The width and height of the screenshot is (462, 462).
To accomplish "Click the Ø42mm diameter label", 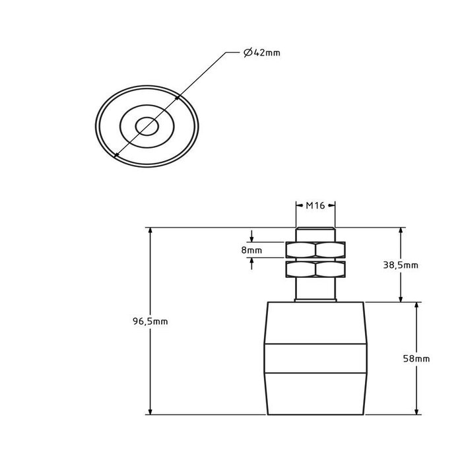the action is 262,53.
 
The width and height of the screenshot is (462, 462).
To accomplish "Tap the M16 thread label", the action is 315,205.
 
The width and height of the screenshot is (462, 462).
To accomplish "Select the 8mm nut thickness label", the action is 251,250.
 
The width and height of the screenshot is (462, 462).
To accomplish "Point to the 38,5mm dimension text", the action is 401,265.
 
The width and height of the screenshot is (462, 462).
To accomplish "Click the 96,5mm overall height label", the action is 150,321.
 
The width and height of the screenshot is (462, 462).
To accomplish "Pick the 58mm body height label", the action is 416,358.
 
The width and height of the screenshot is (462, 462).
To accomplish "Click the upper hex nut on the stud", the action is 315,250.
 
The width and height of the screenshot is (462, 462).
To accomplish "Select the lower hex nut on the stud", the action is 315,269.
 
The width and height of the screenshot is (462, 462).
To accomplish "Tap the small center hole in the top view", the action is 147,126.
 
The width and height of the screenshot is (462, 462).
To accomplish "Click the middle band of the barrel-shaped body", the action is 315,358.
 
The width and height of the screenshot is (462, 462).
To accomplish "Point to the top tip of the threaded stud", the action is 315,228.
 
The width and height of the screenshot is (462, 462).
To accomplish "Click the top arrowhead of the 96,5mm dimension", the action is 150,231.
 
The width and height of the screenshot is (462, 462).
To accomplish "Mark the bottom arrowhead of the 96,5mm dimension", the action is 150,411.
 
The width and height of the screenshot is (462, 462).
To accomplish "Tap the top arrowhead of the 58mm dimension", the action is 416,306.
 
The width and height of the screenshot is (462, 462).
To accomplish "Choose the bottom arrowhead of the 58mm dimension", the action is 416,411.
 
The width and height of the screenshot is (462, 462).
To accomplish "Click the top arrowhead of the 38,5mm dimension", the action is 401,231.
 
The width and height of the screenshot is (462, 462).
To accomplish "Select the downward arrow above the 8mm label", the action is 251,236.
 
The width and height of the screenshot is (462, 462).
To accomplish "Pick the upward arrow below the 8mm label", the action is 251,264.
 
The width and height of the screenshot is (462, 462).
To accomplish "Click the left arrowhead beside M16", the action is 300,205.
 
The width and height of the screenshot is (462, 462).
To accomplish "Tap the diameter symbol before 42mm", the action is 248,53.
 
